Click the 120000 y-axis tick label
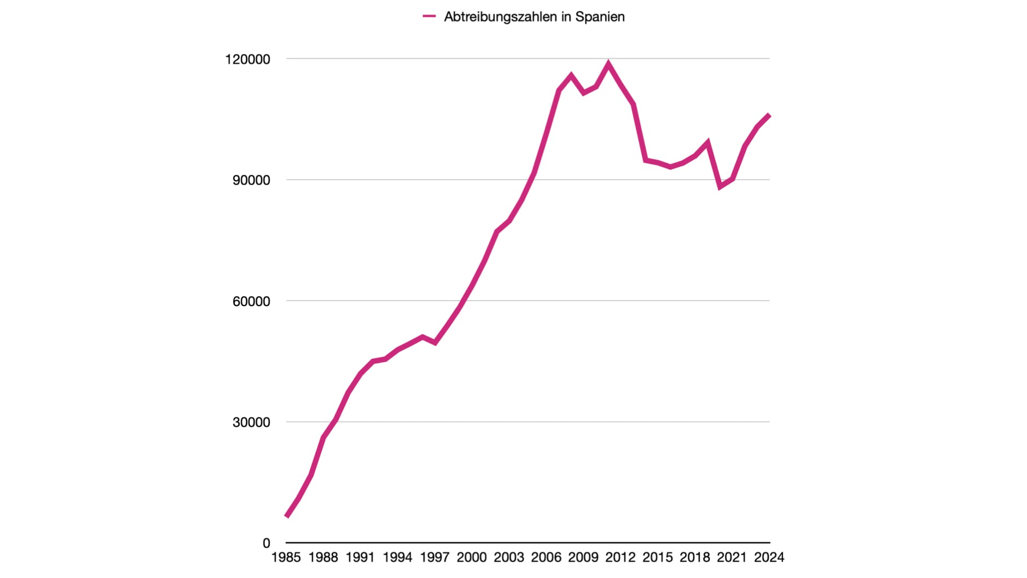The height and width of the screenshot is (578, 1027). (x=248, y=59)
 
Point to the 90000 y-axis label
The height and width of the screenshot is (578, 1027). (x=251, y=180)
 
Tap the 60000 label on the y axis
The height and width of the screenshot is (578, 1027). (x=251, y=301)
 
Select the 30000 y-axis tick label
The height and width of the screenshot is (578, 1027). (x=251, y=422)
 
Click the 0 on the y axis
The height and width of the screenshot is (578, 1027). (x=266, y=543)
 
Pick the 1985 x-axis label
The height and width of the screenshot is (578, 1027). (x=286, y=558)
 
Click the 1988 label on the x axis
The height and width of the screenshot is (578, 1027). (x=323, y=558)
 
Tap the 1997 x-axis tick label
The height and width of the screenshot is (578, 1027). (x=434, y=558)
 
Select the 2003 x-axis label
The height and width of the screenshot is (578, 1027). (x=509, y=558)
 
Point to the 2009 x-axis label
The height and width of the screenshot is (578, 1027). (x=583, y=558)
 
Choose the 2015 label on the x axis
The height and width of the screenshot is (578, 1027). (x=657, y=558)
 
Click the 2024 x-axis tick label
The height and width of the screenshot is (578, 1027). (x=769, y=558)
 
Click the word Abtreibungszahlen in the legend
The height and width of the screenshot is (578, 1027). (x=501, y=17)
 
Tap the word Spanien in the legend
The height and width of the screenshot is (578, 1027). (x=600, y=17)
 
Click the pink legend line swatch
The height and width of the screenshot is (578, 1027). (x=429, y=17)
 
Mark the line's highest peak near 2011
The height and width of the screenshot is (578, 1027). (x=608, y=64)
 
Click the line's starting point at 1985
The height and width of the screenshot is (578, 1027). (x=287, y=516)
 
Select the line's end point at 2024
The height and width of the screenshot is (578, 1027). (x=769, y=115)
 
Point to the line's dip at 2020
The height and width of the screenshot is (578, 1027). (x=721, y=186)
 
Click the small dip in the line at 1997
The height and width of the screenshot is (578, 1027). (x=435, y=343)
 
